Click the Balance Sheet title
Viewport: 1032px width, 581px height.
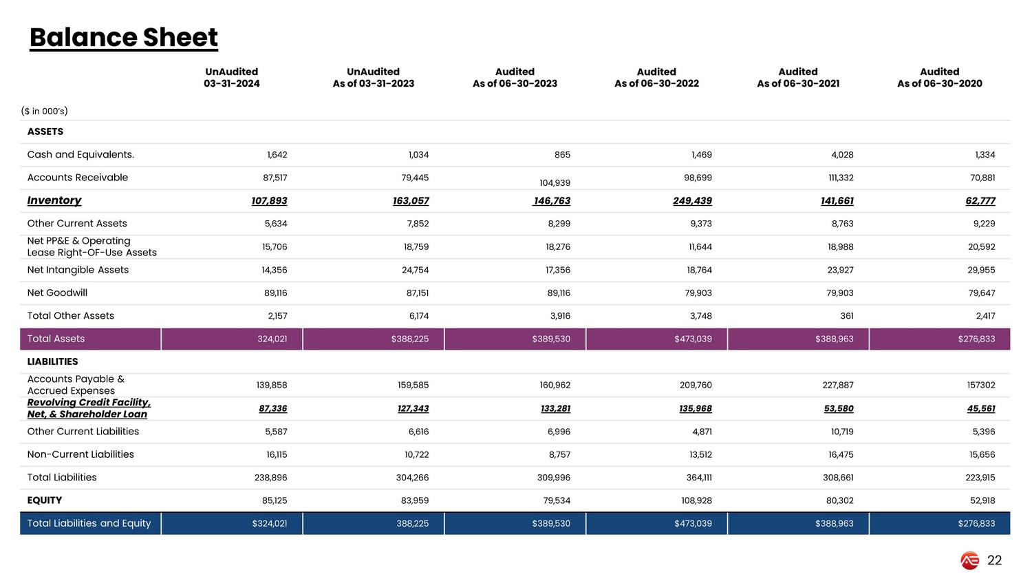click(124, 38)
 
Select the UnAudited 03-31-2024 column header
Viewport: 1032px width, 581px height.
click(232, 78)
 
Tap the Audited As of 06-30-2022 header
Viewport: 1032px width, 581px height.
click(656, 78)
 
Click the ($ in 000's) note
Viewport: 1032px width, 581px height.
click(44, 111)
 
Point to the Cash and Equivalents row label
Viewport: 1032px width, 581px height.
click(80, 155)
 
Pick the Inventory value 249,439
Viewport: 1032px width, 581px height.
click(692, 201)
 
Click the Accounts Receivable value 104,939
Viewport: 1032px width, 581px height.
click(555, 183)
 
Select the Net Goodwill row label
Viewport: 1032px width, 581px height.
click(57, 293)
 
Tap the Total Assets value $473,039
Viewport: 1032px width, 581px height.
click(693, 339)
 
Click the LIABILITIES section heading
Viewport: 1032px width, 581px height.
click(52, 362)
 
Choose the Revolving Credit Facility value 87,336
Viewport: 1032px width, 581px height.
click(273, 409)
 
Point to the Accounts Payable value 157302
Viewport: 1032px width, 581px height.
click(980, 385)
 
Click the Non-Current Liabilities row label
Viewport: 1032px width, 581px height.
click(80, 455)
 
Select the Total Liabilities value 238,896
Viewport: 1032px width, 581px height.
click(271, 478)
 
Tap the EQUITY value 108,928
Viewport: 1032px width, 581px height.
click(696, 501)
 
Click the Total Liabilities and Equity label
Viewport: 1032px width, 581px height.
click(89, 524)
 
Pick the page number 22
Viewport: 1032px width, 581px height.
click(994, 561)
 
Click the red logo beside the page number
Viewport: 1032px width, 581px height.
click(969, 561)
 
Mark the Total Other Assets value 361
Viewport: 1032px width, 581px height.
click(846, 316)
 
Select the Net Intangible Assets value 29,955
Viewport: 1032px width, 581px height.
click(981, 271)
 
